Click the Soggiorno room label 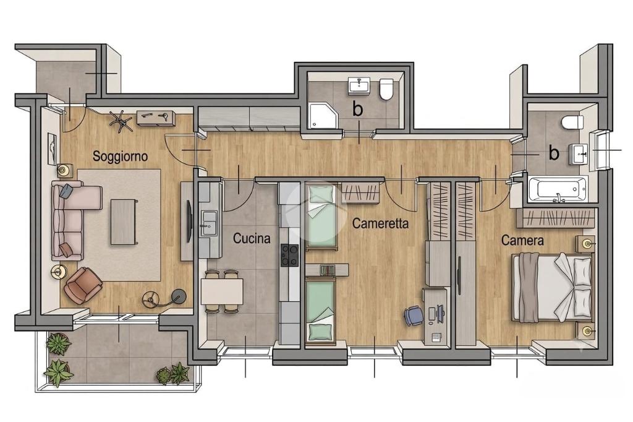[x=121, y=157]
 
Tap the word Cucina [x=252, y=238]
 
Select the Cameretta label [x=380, y=223]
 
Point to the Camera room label [x=522, y=241]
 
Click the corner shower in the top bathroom [x=323, y=115]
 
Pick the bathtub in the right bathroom [x=558, y=189]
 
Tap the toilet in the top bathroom [x=386, y=89]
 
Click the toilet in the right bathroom [x=572, y=122]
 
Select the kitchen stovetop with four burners [x=289, y=255]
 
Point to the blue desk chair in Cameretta [x=414, y=316]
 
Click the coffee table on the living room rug [x=124, y=222]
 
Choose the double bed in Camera [x=552, y=287]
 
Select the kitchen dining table [x=222, y=291]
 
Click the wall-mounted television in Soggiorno [x=189, y=222]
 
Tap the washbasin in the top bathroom [x=359, y=85]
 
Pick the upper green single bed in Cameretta [x=321, y=217]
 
